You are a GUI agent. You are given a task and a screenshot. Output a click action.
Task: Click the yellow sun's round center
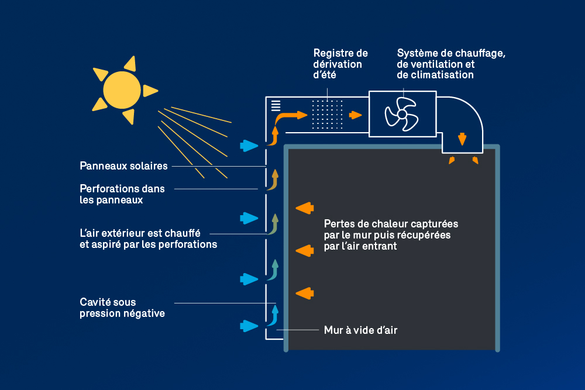(x=122, y=90)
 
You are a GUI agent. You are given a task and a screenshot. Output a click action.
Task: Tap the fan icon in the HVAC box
(x=401, y=114)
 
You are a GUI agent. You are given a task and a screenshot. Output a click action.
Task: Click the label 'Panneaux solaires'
(x=123, y=166)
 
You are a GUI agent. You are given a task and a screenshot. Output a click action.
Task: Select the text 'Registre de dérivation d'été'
(x=340, y=64)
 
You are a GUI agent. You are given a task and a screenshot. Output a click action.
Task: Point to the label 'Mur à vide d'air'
(x=360, y=330)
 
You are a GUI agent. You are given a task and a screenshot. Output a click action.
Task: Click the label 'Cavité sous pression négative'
(x=122, y=308)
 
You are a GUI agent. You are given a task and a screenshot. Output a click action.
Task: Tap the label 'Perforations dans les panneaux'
(x=122, y=194)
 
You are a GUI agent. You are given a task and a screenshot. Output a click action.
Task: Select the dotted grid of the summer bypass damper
(x=327, y=115)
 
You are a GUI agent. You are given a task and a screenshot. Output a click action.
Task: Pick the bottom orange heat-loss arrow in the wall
(x=304, y=292)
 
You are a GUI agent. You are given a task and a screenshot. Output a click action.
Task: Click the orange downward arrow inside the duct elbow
(x=462, y=139)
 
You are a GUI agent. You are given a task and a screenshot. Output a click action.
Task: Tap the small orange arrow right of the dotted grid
(x=355, y=115)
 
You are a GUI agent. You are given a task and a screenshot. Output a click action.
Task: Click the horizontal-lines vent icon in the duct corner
(x=276, y=106)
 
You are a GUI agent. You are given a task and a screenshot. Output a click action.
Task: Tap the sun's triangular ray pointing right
(x=150, y=91)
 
